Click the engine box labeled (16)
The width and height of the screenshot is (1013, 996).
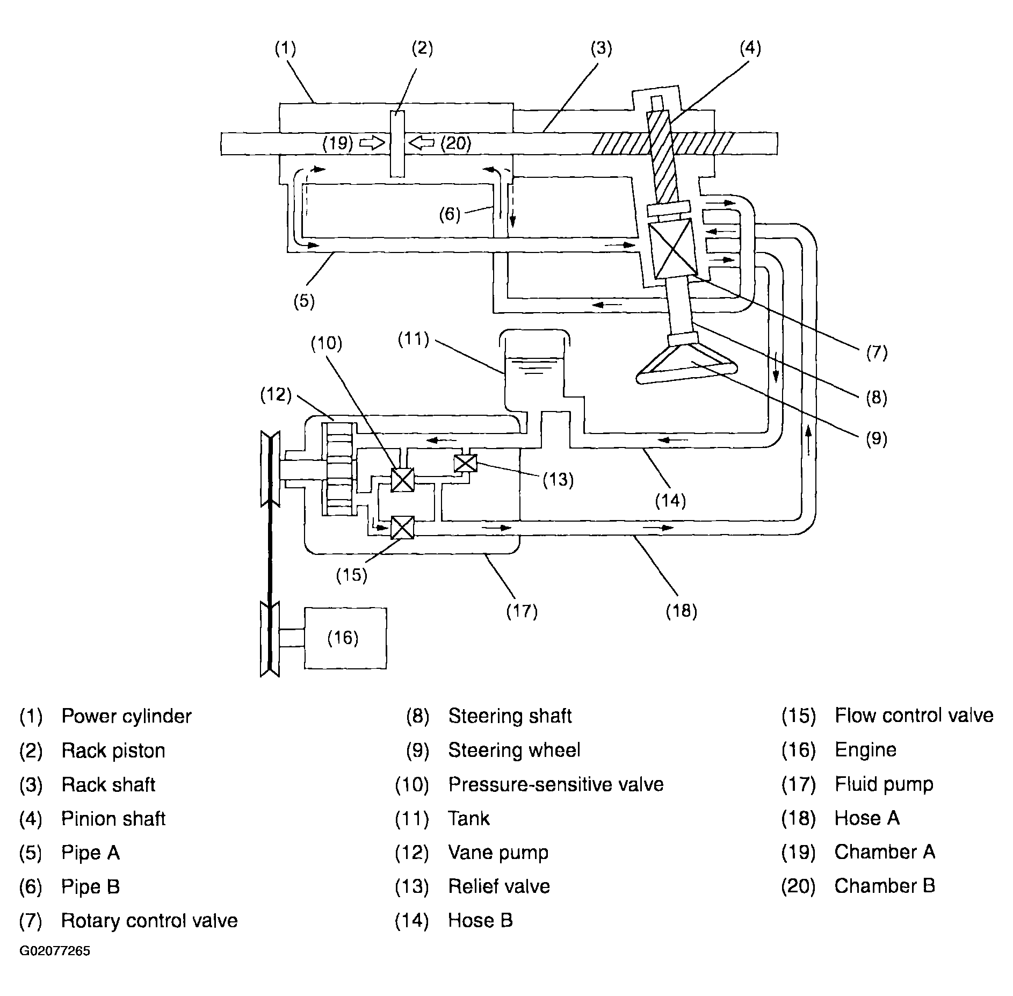[x=345, y=638]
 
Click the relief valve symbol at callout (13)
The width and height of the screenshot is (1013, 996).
[x=465, y=463]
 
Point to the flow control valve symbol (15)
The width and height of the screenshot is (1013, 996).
[x=402, y=527]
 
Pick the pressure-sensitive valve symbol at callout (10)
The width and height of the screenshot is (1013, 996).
[x=402, y=480]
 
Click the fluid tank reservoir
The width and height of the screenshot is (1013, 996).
[x=534, y=376]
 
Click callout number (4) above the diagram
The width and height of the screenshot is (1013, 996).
[x=750, y=48]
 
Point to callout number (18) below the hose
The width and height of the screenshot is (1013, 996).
[x=681, y=611]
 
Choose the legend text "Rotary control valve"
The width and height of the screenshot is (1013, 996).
[x=149, y=920]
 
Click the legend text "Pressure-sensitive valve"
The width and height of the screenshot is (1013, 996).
[x=556, y=784]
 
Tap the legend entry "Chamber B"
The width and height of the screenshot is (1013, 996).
[x=885, y=886]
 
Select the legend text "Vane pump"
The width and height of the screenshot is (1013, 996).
[x=498, y=853]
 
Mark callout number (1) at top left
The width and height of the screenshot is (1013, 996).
[x=285, y=49]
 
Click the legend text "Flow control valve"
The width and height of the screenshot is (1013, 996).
[x=914, y=716]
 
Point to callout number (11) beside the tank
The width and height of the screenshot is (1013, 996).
[x=413, y=340]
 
